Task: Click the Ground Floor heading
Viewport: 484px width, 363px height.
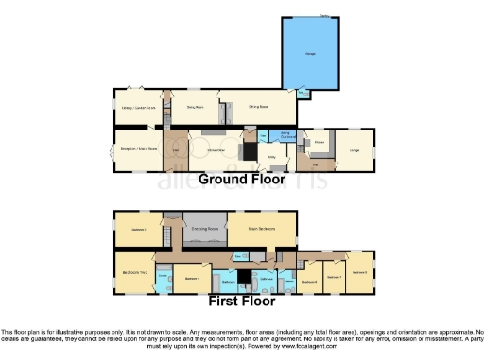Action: pos(241,179)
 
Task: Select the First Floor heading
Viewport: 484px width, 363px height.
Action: pos(241,302)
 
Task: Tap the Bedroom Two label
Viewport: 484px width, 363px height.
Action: pos(132,271)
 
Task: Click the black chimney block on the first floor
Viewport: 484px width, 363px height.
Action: pos(244,275)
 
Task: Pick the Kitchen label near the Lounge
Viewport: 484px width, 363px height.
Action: pos(319,143)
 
